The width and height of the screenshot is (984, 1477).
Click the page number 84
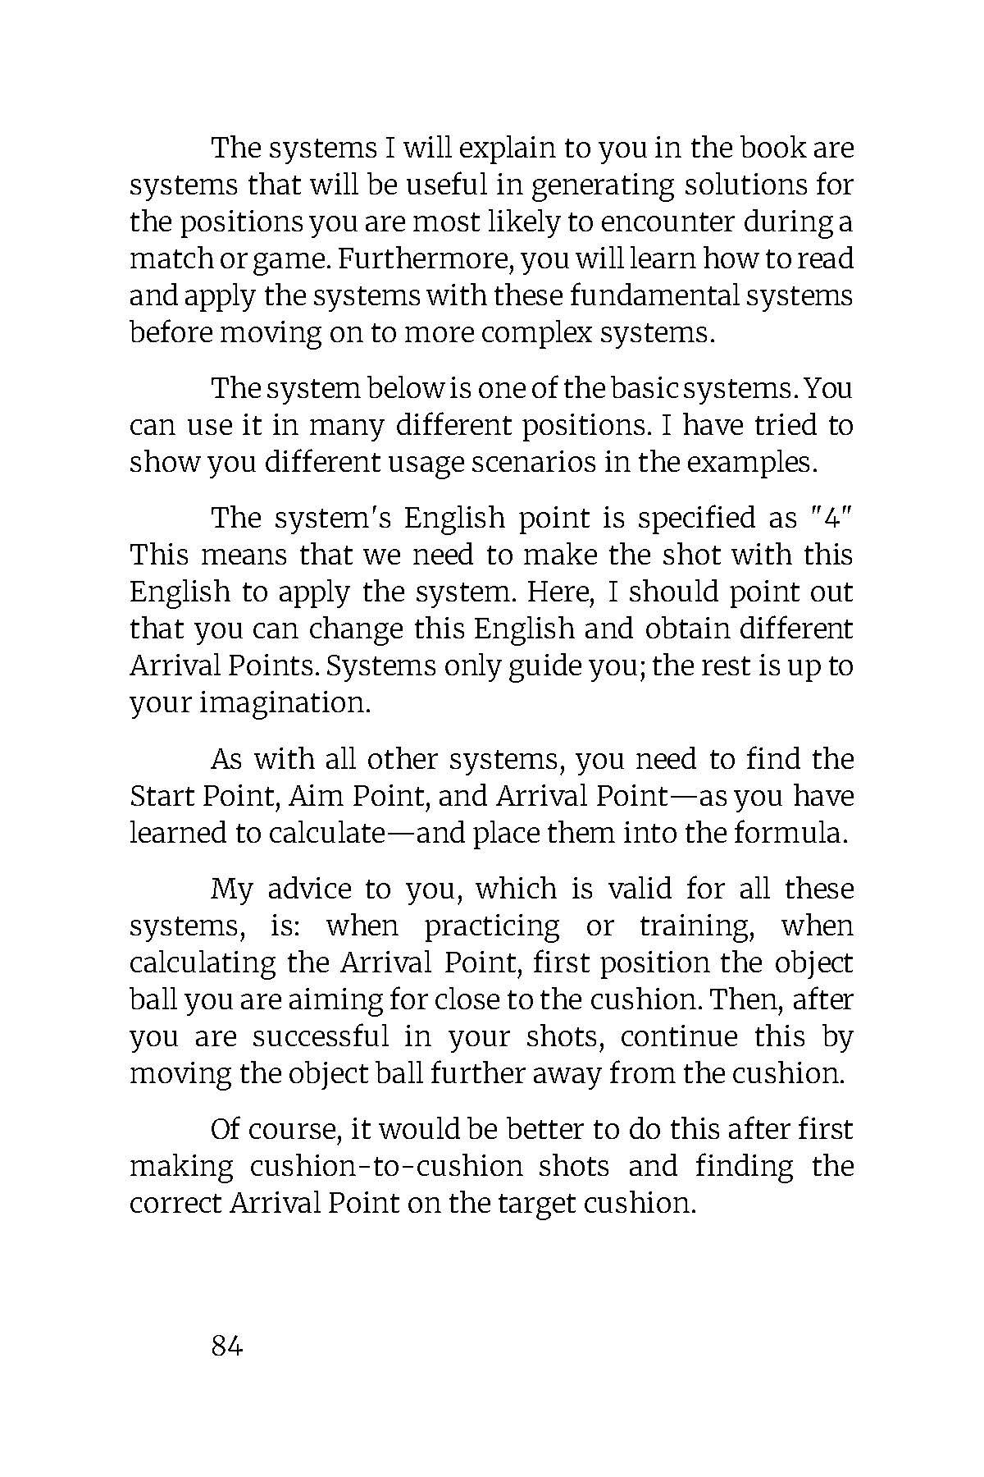point(227,1347)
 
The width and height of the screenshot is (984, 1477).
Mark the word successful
point(321,1037)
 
